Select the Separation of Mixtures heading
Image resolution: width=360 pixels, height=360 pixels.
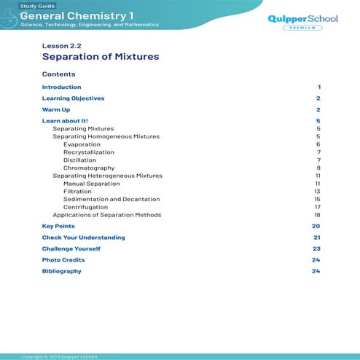coord(101,56)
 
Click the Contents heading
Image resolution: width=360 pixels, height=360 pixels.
coord(58,74)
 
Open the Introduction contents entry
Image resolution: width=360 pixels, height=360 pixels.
coord(61,87)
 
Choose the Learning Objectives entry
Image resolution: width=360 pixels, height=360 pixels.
coord(73,98)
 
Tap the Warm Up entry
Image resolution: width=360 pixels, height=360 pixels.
coord(56,109)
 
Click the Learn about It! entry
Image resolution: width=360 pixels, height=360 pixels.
coord(65,120)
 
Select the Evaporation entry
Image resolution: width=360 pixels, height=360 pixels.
coord(82,144)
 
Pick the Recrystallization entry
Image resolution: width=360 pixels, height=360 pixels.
coord(88,152)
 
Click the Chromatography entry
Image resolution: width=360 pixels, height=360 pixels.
coord(89,168)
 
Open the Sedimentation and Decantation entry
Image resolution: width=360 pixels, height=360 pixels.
coord(111,199)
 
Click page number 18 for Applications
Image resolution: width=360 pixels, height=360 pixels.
coord(317,215)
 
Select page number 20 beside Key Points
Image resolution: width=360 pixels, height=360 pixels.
coord(316,227)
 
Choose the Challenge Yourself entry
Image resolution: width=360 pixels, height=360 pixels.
coord(71,249)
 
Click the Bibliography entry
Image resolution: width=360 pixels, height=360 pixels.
coord(61,271)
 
